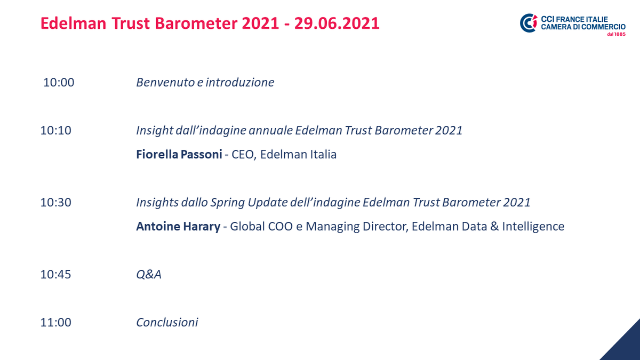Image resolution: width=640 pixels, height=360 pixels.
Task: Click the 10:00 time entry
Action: point(59,83)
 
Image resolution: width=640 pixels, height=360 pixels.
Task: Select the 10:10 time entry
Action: point(55,131)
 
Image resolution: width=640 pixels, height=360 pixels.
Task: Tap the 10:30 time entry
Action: point(55,203)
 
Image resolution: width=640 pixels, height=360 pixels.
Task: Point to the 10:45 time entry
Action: point(55,275)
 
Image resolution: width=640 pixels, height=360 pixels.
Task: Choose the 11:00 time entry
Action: point(55,323)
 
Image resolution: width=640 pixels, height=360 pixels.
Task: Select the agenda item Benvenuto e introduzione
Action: point(205,83)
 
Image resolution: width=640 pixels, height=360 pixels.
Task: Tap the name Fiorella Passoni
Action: point(179,155)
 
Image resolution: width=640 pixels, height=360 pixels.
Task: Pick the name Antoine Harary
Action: point(178,227)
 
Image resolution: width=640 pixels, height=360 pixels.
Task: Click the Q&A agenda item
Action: point(149,275)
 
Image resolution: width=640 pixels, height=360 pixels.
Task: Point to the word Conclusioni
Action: point(167,323)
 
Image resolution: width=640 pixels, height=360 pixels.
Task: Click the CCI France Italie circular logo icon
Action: point(529,22)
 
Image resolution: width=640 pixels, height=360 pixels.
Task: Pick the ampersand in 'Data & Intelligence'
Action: point(494,227)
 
